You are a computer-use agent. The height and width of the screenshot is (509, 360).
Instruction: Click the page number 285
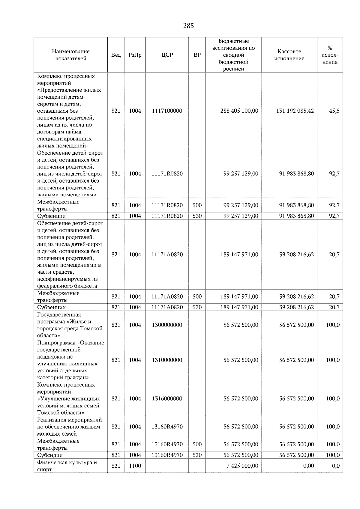(188, 26)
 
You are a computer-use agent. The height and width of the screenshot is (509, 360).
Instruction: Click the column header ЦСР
(167, 55)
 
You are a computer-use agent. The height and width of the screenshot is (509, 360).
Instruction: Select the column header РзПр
(135, 55)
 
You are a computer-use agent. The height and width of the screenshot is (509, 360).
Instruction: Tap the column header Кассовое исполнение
(289, 55)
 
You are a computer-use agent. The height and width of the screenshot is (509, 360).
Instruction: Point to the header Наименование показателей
(70, 55)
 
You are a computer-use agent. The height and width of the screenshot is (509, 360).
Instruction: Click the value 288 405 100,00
(239, 111)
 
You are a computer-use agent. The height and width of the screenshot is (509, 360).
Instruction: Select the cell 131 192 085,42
(295, 111)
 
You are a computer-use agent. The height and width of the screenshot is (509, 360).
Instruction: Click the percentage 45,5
(334, 111)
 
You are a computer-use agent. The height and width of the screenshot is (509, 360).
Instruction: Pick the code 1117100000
(167, 111)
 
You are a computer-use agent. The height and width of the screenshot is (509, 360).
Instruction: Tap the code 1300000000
(167, 325)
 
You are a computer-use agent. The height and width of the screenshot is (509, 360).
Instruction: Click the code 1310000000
(167, 360)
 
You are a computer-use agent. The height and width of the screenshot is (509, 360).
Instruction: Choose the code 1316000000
(167, 398)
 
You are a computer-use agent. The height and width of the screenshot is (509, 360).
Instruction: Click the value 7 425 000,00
(242, 466)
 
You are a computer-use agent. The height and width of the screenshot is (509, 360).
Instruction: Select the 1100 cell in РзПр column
(135, 466)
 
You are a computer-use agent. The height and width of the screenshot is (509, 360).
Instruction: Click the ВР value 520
(197, 455)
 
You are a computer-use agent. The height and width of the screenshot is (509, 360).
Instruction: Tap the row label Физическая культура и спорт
(67, 466)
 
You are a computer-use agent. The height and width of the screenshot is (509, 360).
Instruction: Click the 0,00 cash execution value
(308, 466)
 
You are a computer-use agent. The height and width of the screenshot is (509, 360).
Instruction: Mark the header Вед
(116, 55)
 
